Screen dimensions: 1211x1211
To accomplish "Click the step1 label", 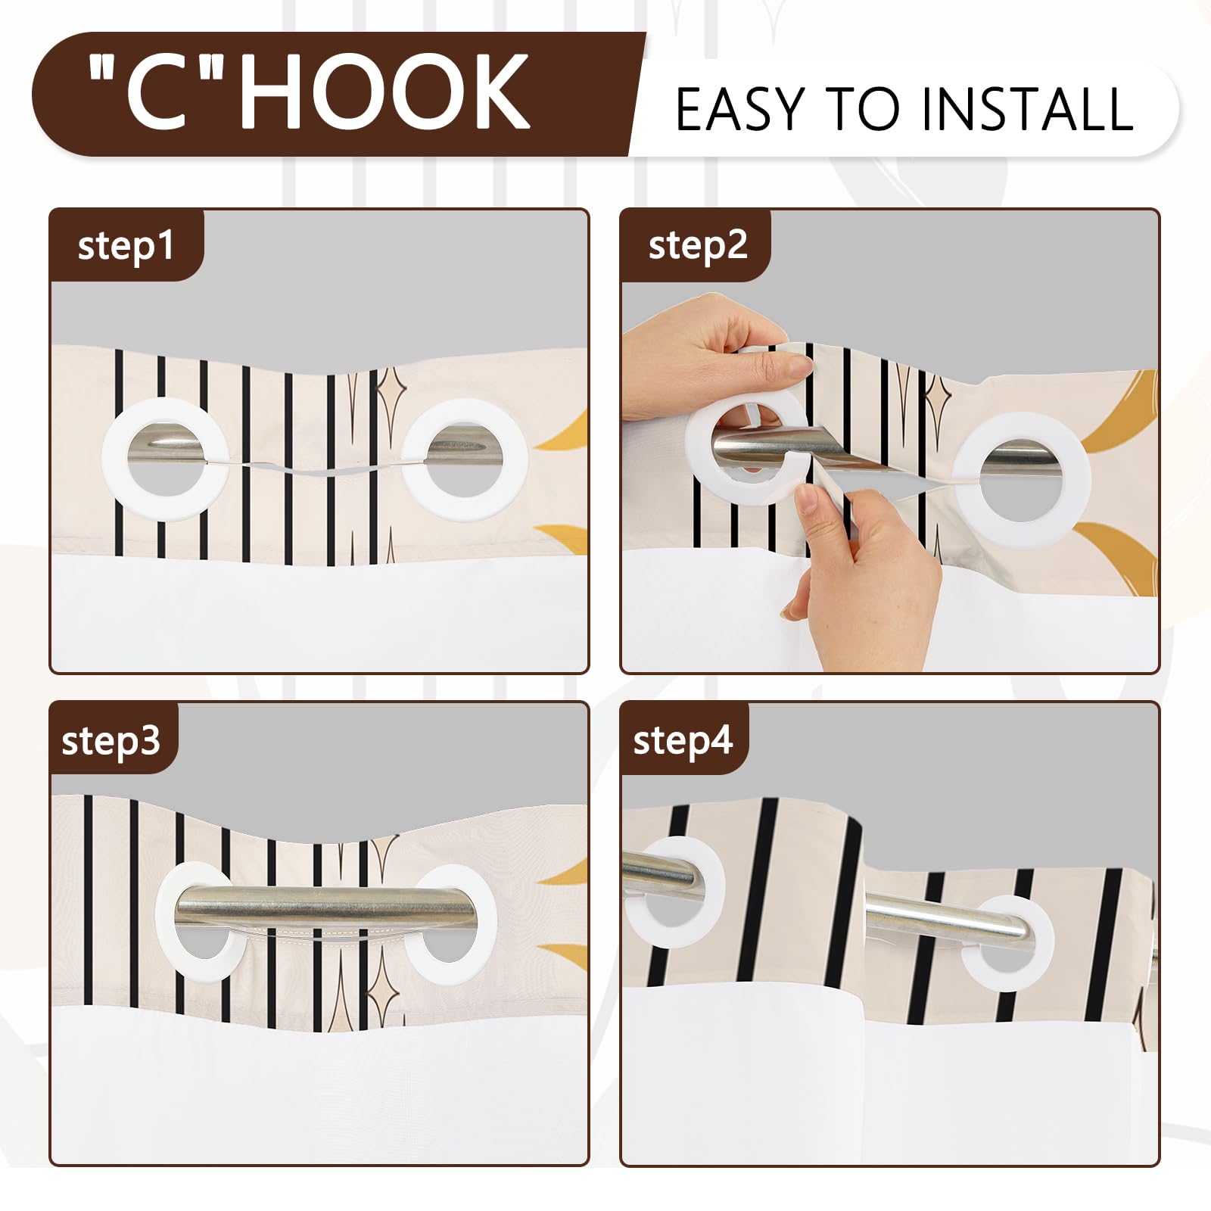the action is (126, 247).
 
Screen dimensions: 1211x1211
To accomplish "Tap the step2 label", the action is (697, 245).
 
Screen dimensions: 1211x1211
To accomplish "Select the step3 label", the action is (111, 740).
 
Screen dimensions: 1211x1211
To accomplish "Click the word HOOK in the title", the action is (384, 92).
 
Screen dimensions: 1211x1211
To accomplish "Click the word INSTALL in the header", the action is (1027, 109).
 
